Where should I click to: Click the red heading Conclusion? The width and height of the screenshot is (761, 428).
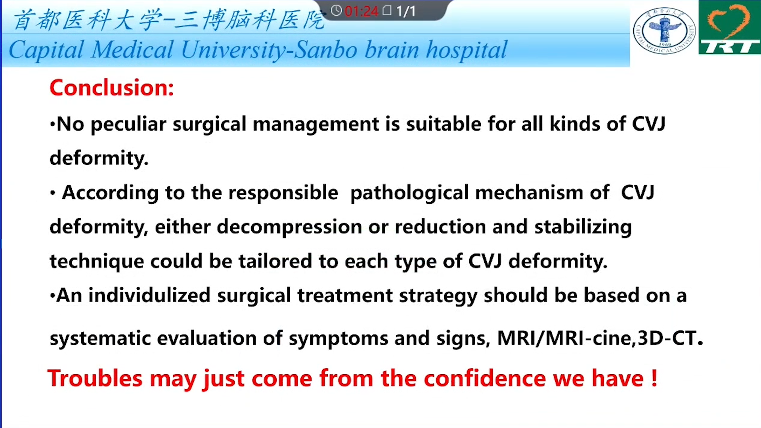click(112, 88)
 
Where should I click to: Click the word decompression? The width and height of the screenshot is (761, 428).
click(289, 227)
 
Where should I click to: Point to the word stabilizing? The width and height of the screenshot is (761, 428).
click(583, 227)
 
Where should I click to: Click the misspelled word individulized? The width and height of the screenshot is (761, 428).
click(149, 296)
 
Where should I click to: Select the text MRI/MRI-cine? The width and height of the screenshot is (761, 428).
click(564, 338)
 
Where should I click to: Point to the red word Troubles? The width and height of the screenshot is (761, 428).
click(95, 378)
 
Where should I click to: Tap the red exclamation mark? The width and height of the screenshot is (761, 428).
click(654, 378)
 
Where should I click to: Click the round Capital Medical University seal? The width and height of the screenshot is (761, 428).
click(664, 31)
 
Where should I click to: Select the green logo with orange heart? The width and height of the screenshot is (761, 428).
click(730, 27)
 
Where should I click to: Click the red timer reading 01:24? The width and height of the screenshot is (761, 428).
click(361, 11)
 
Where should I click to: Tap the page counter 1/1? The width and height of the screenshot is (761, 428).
click(406, 11)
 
